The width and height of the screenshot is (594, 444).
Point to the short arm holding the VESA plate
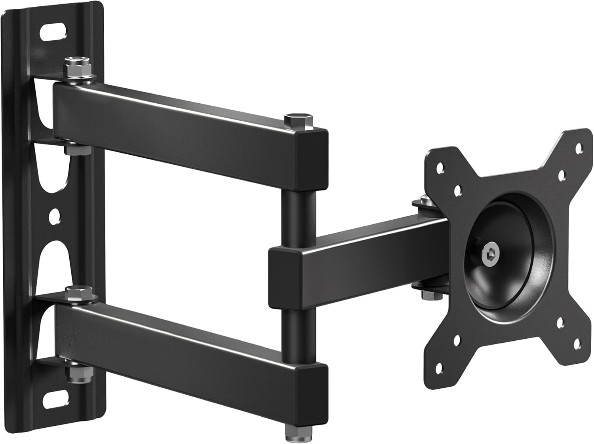point(356,253)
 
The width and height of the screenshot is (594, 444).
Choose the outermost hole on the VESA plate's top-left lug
point(439,167)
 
